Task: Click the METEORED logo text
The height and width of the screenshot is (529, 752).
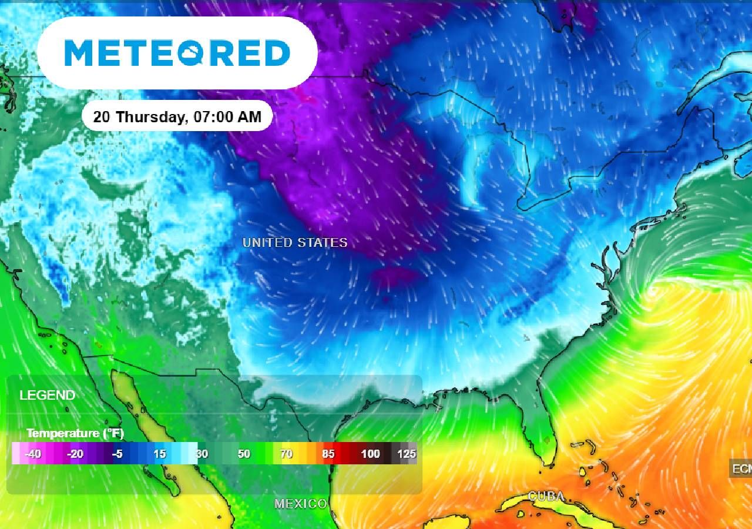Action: point(177,53)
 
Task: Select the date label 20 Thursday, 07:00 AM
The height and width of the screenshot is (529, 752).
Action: point(177,116)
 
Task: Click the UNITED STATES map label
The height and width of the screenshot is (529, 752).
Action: point(295,243)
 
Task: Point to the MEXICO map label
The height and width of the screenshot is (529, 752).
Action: point(300,504)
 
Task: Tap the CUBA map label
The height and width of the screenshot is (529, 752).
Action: point(546,496)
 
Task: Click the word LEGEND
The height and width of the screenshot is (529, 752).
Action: point(47,395)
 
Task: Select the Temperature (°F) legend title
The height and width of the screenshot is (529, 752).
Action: point(75,434)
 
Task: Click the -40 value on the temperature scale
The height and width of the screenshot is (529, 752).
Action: point(33,454)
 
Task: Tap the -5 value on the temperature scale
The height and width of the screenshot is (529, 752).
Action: point(117,454)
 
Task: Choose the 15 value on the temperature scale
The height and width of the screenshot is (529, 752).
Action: point(159,454)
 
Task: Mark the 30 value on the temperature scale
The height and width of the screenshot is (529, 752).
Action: point(202,454)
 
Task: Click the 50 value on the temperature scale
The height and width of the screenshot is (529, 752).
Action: point(243,454)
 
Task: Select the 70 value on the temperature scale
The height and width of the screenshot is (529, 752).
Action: point(286,454)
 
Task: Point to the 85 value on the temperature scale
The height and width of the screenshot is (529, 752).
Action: point(328,454)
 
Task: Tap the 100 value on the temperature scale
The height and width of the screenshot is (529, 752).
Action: point(370,454)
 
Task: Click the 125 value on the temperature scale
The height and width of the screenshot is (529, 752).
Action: point(407,454)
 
